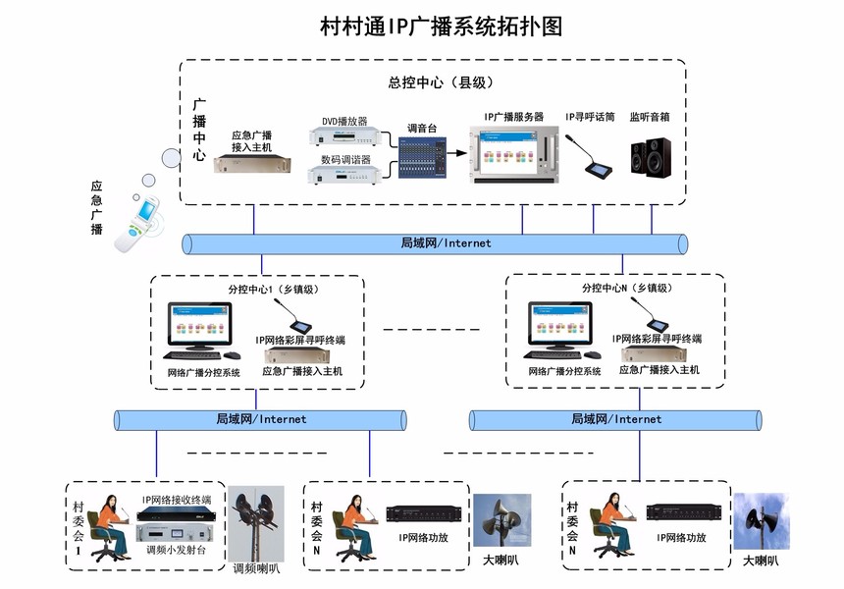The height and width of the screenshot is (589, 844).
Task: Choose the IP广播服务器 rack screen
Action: [512, 153]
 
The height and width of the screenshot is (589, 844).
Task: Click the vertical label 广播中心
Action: [199, 129]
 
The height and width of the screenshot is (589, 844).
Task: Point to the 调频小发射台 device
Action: [177, 534]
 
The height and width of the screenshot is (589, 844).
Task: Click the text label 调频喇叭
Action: [257, 568]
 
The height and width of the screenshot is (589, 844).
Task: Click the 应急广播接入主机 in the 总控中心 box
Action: [253, 163]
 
